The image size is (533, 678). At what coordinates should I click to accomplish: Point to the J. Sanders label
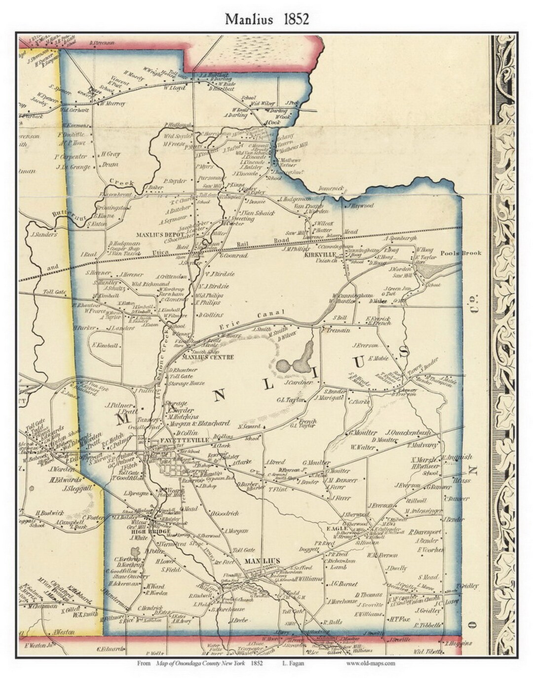pyautogui.click(x=44, y=235)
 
